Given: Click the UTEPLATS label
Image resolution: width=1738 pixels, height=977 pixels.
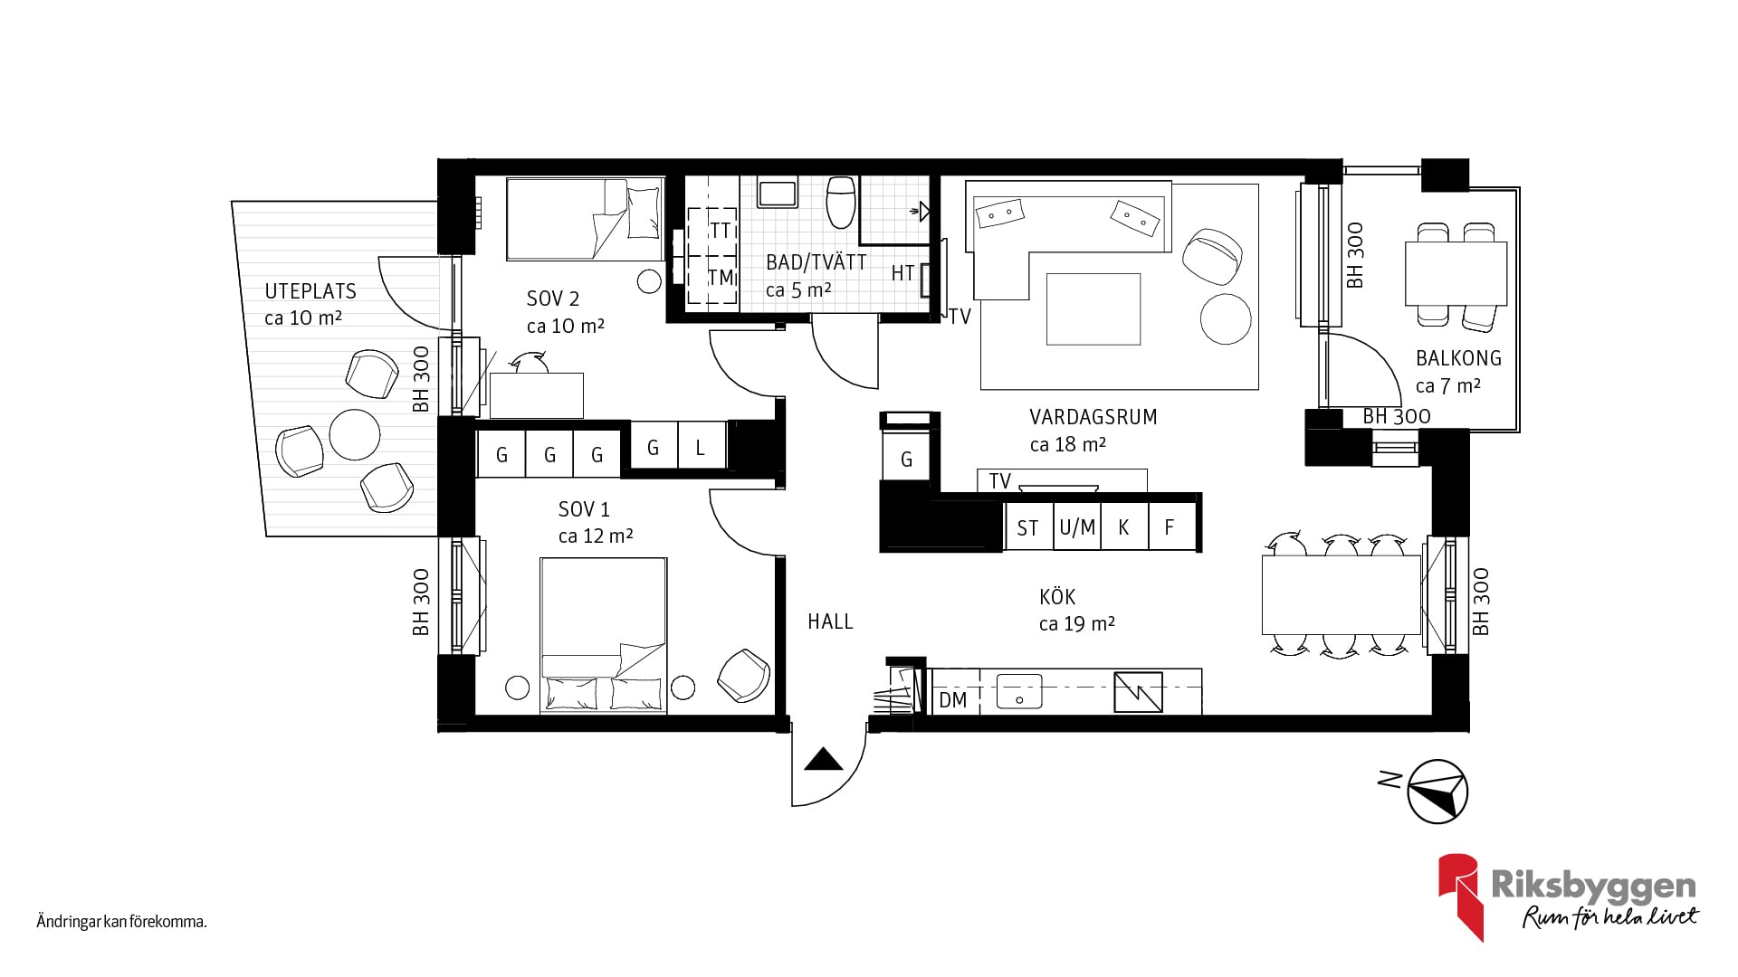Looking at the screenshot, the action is pos(310,291).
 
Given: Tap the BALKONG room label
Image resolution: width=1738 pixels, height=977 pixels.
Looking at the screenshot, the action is pos(1458,358).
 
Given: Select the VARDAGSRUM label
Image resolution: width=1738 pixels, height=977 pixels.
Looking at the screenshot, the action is pos(1093,417).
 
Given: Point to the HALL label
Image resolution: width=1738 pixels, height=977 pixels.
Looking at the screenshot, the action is pos(830,621).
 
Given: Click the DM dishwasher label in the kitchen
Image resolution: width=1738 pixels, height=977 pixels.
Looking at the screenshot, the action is pos(952,700).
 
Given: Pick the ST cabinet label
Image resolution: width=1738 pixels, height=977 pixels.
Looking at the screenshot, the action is pos(1027,528).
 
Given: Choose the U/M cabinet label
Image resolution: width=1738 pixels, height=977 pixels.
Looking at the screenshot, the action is pos(1077,527).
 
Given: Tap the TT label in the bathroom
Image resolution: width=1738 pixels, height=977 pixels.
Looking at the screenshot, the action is pos(721,231).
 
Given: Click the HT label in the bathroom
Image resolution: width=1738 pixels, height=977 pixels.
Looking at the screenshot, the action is pos(902,273).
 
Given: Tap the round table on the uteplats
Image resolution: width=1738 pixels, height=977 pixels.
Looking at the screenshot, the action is pos(355,434).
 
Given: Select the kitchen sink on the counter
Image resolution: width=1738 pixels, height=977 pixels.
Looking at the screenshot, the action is pos(1019,692).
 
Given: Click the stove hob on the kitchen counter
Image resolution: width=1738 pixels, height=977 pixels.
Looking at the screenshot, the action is pos(1139,692).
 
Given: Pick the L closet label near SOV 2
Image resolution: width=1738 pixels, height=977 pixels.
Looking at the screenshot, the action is pos(700,448).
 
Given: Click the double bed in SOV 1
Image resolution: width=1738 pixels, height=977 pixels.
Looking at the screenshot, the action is pos(604,636).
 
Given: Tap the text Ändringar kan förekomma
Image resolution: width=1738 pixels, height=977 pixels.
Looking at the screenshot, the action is pos(122,923).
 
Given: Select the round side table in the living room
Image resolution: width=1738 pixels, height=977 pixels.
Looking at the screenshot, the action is pos(1226,318).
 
